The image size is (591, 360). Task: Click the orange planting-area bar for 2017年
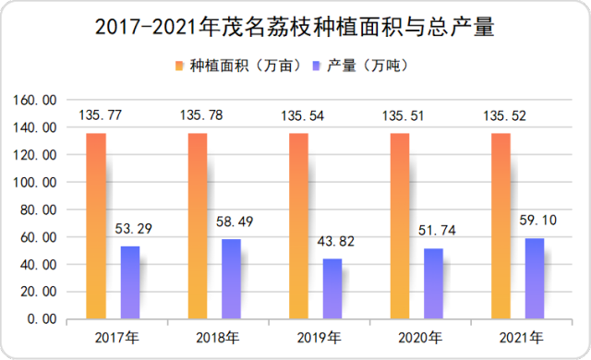(96, 226)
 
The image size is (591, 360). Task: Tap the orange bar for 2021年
(501, 226)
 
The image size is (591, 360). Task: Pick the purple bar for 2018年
(231, 279)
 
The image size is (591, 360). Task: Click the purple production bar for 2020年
(433, 283)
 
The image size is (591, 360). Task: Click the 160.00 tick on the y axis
(38, 100)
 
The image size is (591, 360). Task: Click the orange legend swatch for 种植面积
(180, 66)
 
